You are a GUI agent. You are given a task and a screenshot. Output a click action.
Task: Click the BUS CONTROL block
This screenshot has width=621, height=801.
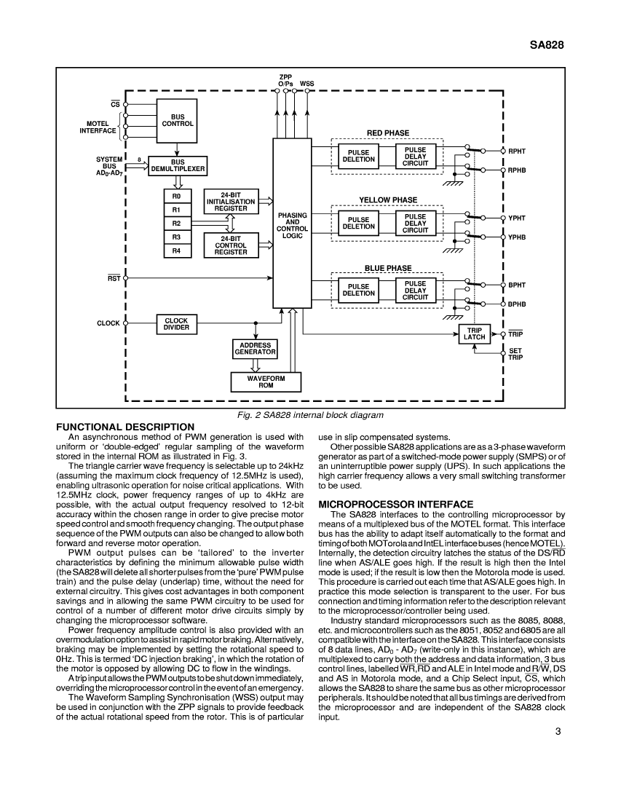click(x=177, y=121)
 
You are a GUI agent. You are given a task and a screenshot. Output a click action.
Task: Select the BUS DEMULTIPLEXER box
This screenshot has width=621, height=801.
click(x=178, y=165)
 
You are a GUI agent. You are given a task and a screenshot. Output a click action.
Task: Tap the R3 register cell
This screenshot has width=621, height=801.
click(x=176, y=237)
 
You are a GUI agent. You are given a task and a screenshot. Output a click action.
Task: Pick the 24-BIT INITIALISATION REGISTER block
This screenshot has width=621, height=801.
click(x=231, y=202)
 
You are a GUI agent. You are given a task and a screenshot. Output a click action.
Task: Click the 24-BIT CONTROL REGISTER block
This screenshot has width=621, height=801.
click(x=231, y=245)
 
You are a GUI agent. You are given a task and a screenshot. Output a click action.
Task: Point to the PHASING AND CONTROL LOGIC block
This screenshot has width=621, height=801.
click(x=292, y=223)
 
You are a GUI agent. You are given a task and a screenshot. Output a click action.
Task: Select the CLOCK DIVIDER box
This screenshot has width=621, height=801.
click(x=176, y=324)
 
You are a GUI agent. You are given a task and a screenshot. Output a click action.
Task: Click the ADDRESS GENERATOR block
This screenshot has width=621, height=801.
click(x=255, y=348)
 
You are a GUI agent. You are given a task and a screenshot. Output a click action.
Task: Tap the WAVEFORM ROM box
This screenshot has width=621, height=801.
click(x=266, y=382)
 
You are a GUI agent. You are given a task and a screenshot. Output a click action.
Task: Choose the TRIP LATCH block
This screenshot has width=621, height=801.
click(x=475, y=334)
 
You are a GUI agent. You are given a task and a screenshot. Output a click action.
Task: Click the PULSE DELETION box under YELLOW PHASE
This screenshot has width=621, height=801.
click(x=358, y=223)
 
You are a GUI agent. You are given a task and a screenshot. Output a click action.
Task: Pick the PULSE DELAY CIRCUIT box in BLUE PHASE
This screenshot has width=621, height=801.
click(x=415, y=290)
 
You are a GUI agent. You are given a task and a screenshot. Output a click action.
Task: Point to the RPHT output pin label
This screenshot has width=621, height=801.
click(x=517, y=151)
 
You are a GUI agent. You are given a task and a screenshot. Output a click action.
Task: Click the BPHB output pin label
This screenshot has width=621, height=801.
click(x=517, y=304)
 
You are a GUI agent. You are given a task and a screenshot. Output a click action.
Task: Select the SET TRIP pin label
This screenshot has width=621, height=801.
click(x=515, y=354)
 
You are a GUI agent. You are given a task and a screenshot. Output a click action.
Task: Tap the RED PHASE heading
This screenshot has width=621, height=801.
click(x=388, y=133)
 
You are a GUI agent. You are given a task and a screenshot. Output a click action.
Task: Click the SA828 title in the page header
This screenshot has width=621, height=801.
click(x=547, y=44)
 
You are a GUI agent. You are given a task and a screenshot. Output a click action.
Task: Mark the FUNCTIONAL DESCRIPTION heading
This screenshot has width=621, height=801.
click(x=125, y=427)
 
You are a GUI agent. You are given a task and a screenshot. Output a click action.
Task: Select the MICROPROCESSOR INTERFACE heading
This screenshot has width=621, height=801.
click(x=396, y=504)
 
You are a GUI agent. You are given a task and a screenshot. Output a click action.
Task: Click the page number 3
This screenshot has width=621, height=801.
click(x=558, y=731)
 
